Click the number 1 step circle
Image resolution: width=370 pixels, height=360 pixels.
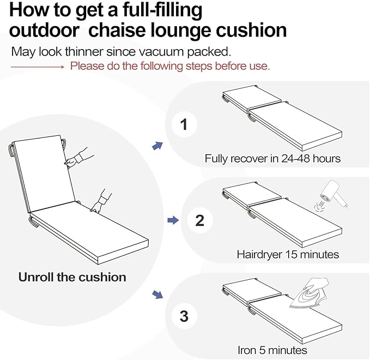184,125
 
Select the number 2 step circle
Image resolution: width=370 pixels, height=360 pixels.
199,220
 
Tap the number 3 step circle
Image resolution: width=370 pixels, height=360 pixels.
184,316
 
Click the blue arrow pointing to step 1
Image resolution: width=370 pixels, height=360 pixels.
157,145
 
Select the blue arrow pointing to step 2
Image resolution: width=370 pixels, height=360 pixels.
173,220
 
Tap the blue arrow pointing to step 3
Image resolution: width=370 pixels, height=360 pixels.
157,295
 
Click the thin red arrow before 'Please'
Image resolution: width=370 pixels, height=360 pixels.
38,67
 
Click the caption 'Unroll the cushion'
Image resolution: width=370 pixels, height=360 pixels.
72,277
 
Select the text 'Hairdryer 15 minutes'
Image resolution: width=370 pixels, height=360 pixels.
288,255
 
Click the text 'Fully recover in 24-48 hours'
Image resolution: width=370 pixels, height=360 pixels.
272,159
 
